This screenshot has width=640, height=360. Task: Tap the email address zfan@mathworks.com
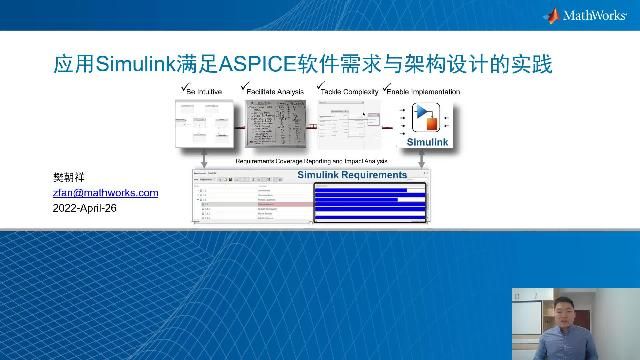click(x=105, y=193)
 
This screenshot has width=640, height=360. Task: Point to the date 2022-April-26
click(x=90, y=209)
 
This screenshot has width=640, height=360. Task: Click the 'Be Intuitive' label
click(x=204, y=91)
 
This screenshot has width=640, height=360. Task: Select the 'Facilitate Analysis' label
click(x=275, y=91)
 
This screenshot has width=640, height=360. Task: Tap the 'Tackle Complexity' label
click(x=347, y=91)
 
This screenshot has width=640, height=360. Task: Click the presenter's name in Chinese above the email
click(x=66, y=177)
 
